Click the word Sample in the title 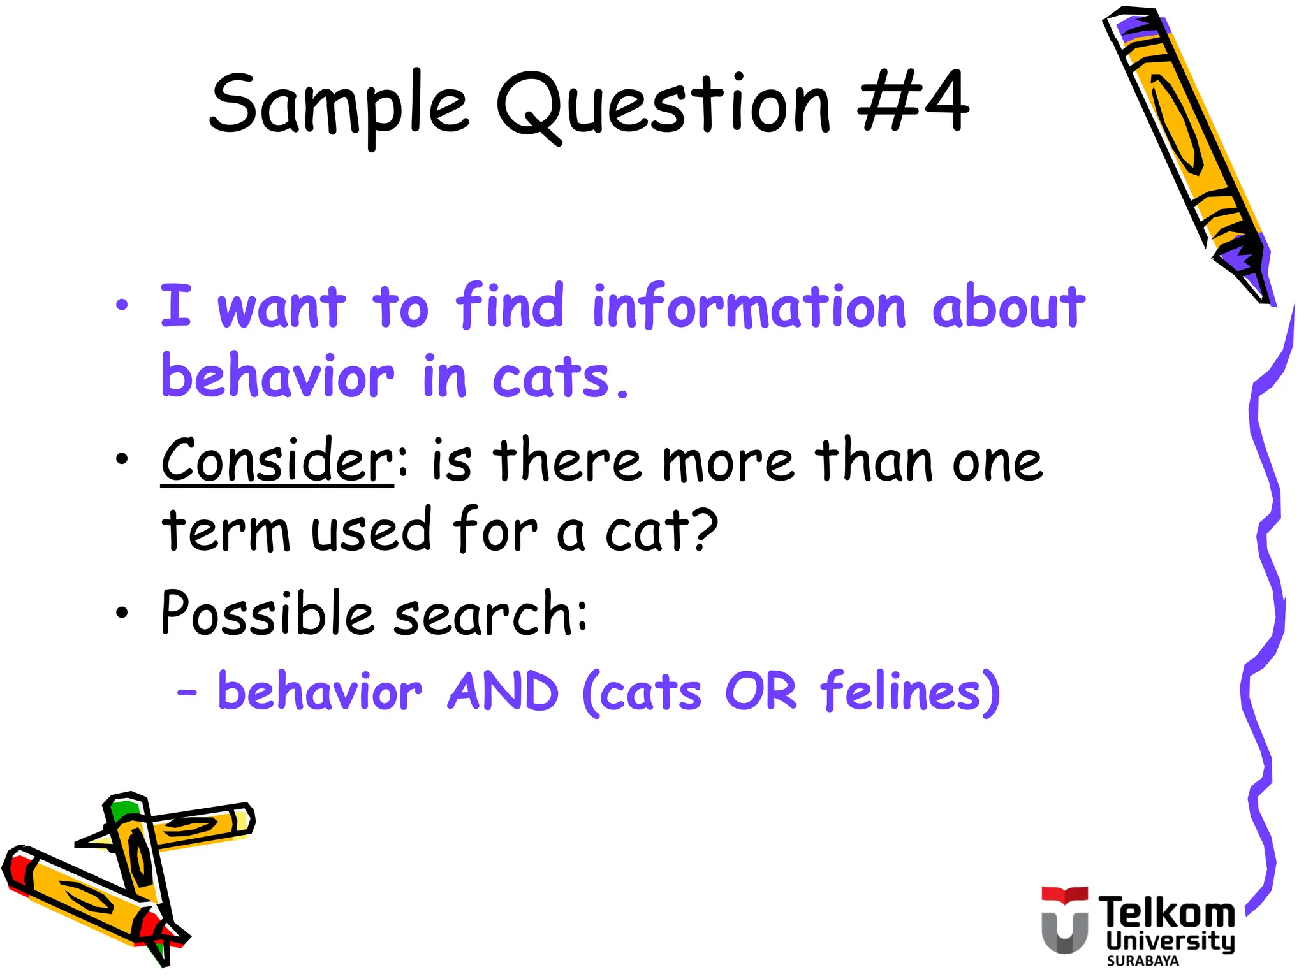pos(339,105)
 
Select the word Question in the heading pos(664,105)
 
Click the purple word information pos(749,307)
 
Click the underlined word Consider pos(277,460)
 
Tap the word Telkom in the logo pos(1166,912)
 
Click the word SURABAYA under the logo pos(1143,961)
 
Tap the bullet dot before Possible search pos(122,613)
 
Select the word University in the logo pos(1170,941)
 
